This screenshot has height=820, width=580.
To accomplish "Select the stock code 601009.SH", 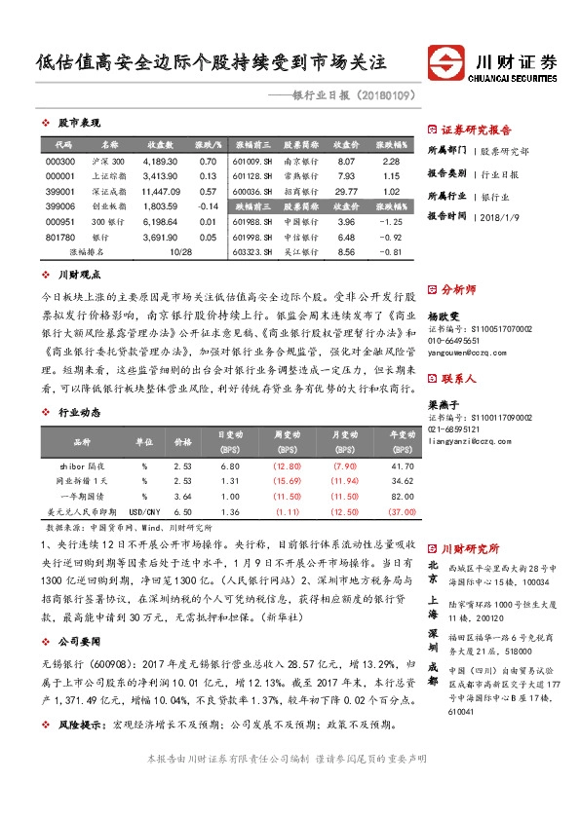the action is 252,161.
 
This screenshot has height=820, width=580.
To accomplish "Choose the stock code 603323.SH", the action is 252,253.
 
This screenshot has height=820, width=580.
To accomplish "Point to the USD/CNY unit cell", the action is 145,511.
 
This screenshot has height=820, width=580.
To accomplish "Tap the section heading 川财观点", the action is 79,276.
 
